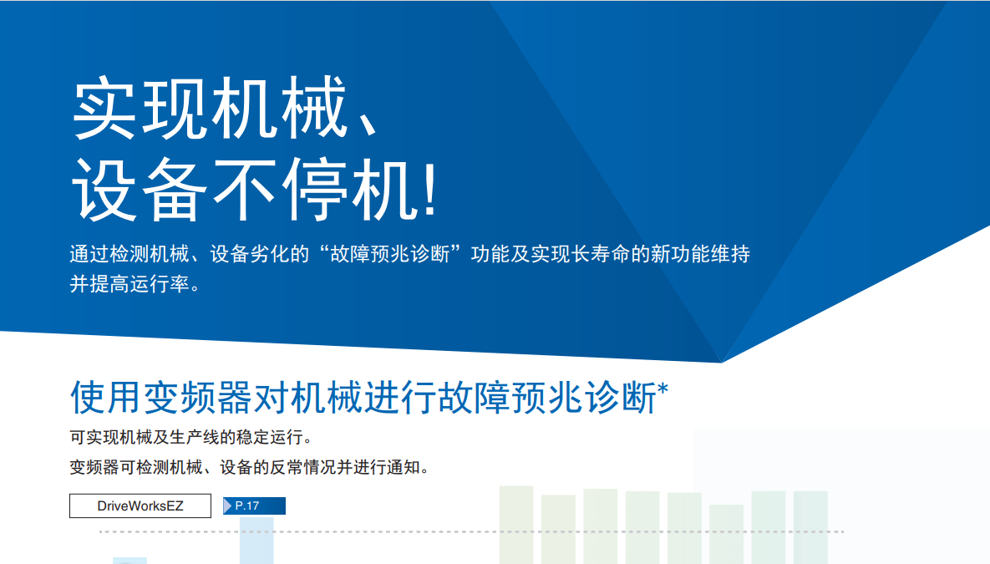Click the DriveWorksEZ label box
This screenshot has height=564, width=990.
(x=140, y=506)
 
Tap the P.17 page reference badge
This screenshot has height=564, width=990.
(x=255, y=506)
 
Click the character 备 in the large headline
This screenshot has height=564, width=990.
(x=174, y=190)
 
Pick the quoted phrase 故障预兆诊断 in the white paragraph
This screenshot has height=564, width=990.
(x=390, y=254)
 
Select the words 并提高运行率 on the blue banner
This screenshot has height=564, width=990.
(x=129, y=284)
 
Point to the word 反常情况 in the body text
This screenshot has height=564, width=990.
(x=303, y=467)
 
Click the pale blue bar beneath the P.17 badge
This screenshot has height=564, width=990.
(x=256, y=541)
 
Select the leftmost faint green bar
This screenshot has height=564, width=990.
(x=516, y=525)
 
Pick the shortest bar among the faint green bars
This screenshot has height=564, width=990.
(x=727, y=534)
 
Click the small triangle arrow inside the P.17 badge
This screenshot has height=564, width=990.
(x=228, y=506)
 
